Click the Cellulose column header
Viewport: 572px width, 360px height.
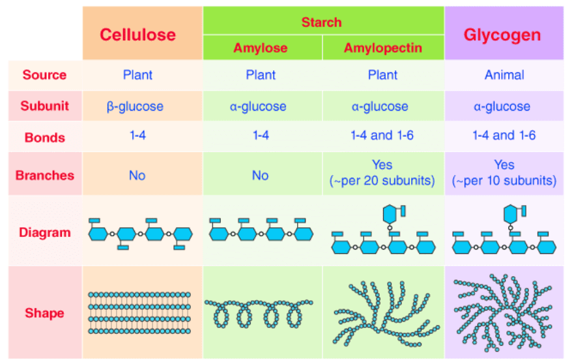tap(137, 35)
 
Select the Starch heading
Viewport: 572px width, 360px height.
tap(321, 22)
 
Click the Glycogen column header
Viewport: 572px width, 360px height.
tap(502, 35)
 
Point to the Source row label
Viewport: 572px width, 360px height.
tap(44, 75)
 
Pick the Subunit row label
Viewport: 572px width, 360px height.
tap(44, 106)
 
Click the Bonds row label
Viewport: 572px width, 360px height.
tap(44, 137)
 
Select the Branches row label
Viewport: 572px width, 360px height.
tap(44, 175)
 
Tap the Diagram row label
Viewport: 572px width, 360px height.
tap(44, 232)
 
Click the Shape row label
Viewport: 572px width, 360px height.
tap(44, 313)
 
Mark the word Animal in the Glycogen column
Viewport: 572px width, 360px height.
tap(504, 75)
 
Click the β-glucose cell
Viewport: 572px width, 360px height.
tap(136, 106)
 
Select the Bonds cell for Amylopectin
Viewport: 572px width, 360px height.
tap(382, 136)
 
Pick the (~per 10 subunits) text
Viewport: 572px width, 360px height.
tap(504, 181)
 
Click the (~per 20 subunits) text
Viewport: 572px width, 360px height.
tap(382, 181)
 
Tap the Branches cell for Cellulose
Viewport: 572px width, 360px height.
tap(137, 175)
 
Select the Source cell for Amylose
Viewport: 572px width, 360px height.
tap(261, 75)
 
